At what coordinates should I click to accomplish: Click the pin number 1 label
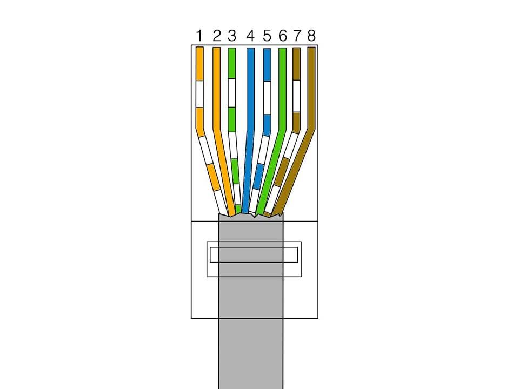199,36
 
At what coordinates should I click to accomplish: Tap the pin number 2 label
217,36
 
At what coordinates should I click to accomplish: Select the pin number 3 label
232,36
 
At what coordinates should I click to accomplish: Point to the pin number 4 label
250,36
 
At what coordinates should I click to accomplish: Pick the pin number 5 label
267,36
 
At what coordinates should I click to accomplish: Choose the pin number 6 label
282,36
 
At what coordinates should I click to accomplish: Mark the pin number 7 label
297,36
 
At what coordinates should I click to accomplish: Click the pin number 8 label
311,36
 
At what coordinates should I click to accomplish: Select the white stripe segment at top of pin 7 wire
296,96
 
